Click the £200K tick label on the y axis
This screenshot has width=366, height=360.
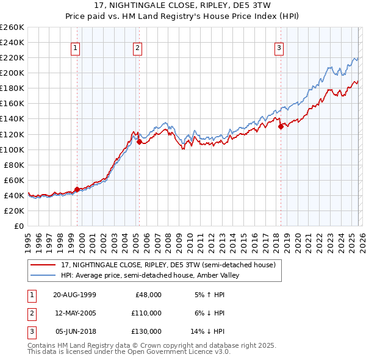coord(12,73)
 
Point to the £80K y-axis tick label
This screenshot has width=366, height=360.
coord(14,165)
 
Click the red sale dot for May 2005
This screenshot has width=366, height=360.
coord(139,142)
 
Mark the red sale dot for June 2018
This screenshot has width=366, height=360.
coord(281,127)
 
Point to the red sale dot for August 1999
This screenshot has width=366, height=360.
coord(77,189)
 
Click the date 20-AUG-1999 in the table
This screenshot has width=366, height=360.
coord(74,294)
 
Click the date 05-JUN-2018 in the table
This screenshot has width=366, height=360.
coord(74,332)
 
